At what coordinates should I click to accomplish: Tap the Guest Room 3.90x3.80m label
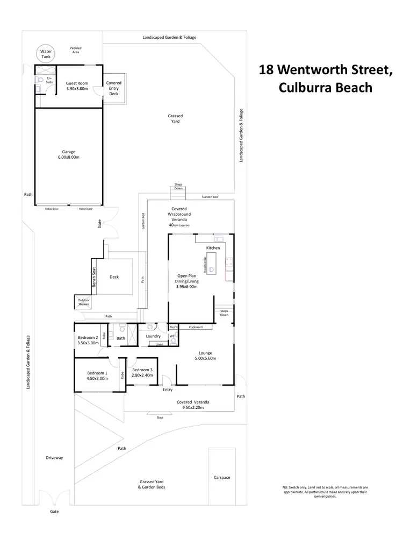click(77, 86)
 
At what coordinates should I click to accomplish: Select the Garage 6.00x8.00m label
click(69, 154)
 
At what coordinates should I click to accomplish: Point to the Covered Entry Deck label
click(114, 88)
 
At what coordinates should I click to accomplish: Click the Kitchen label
click(213, 247)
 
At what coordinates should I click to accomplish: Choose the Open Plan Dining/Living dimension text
click(188, 287)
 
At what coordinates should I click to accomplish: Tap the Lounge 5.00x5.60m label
click(205, 356)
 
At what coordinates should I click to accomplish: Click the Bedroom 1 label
click(97, 376)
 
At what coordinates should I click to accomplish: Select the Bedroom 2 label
click(87, 341)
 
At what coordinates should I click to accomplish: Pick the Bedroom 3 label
click(142, 373)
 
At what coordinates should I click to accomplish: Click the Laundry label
click(154, 336)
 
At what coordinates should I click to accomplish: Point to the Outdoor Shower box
click(83, 302)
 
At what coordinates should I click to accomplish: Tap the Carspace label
click(221, 477)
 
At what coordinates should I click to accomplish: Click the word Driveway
click(54, 458)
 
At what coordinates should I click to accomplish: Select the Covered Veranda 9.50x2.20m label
click(193, 405)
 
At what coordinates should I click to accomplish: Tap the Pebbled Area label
click(75, 50)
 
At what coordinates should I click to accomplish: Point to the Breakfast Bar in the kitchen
click(212, 263)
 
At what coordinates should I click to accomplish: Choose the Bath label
click(120, 338)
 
